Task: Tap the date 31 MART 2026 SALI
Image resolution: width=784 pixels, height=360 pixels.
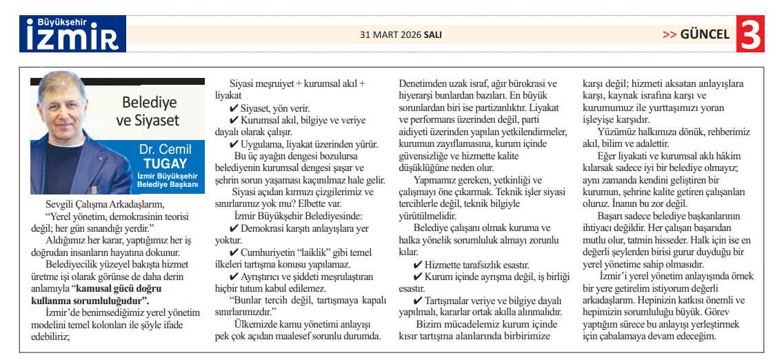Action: tap(401, 34)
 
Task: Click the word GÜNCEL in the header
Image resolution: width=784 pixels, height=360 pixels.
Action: tap(705, 34)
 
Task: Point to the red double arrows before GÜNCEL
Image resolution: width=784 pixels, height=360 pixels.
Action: tap(670, 34)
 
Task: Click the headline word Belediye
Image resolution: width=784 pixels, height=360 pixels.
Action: tap(149, 103)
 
